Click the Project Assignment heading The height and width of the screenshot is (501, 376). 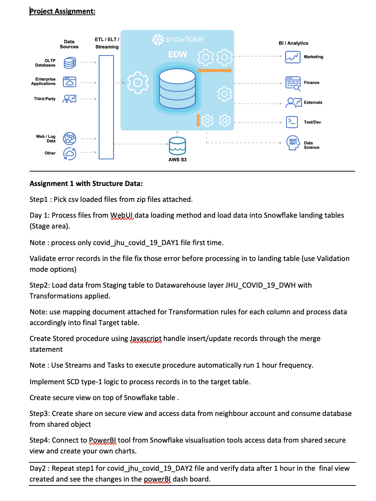click(62, 11)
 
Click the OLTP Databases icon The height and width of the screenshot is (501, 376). click(70, 63)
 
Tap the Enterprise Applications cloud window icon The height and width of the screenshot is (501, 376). click(70, 82)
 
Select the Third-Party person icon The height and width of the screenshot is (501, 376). click(69, 99)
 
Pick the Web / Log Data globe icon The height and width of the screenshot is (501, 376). click(70, 138)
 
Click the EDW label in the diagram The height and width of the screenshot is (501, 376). click(178, 54)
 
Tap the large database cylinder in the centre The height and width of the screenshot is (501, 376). click(177, 89)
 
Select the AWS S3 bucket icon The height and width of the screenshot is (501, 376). click(178, 146)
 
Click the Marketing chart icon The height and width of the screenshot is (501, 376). click(293, 57)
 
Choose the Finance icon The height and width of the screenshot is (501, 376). click(293, 83)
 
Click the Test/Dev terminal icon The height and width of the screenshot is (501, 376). click(292, 122)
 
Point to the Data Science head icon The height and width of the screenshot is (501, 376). click(293, 142)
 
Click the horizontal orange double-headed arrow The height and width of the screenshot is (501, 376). click(215, 70)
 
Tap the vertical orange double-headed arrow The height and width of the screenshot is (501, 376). click(198, 120)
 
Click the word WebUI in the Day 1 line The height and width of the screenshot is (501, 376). click(122, 216)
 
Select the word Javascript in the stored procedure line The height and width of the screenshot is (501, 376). click(146, 339)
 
